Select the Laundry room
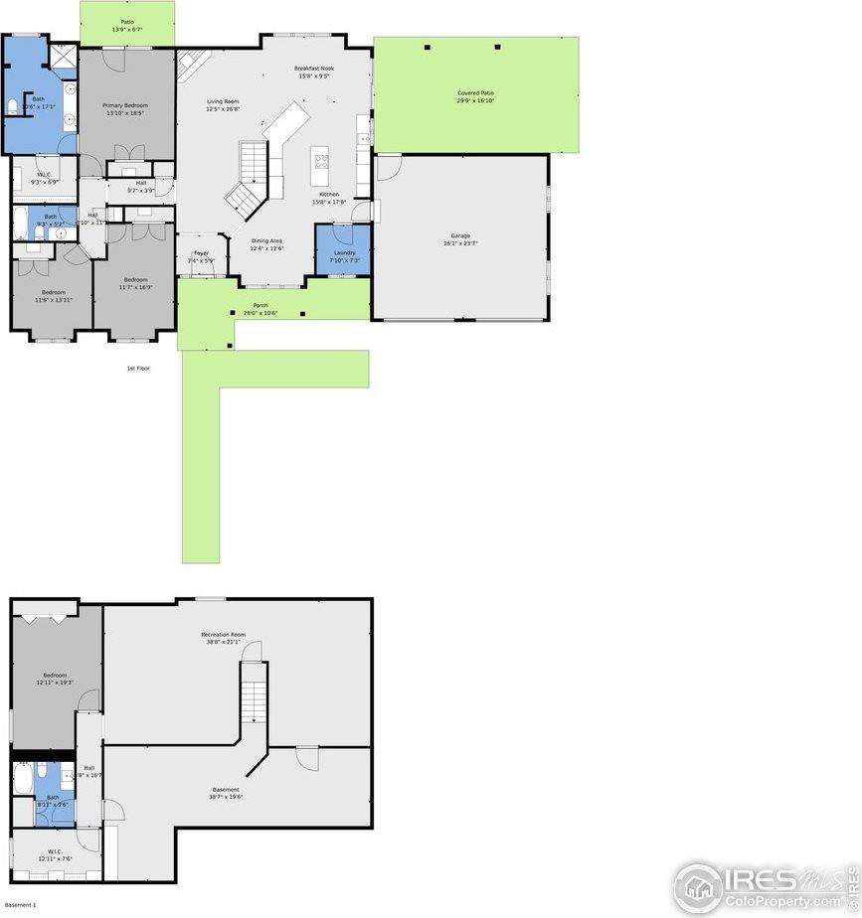(344, 252)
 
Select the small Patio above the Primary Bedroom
(127, 24)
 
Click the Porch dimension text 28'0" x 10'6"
(259, 313)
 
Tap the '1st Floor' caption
(137, 369)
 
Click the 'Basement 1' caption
(20, 905)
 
